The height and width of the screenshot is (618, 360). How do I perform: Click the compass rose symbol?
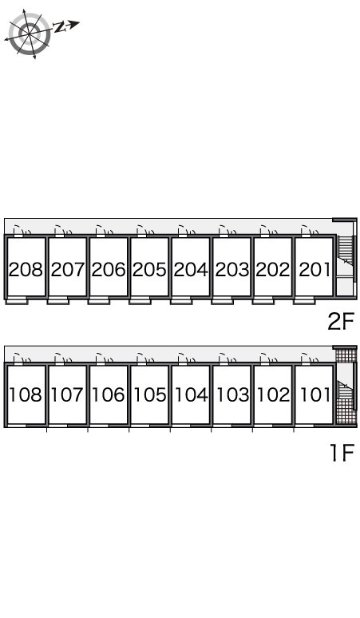pos(30,34)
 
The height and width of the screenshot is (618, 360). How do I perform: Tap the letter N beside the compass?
pos(59,27)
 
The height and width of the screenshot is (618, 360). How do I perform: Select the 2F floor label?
pos(341,321)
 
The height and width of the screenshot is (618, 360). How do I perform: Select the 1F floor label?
pos(342,452)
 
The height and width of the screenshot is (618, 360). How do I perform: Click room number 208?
pos(26,270)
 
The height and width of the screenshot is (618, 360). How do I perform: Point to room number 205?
pos(149,270)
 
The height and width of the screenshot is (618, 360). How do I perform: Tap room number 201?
pos(315,270)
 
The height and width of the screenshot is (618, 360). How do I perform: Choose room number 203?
pos(232,270)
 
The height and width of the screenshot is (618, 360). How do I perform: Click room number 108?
pos(26,394)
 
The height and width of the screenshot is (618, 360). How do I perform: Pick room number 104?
pos(191,394)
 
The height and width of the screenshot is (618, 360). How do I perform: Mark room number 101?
pos(315,394)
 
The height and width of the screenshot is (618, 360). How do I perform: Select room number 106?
pos(109,394)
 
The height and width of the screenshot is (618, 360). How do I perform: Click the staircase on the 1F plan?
pos(346,386)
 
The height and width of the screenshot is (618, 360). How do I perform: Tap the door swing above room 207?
pos(63,230)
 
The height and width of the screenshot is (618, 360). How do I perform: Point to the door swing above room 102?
pos(269,358)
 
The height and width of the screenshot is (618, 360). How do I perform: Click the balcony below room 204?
pos(181,302)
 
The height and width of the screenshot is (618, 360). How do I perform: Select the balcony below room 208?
pos(17,302)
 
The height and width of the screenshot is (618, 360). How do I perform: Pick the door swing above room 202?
pos(269,230)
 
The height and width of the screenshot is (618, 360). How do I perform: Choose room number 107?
pos(67,394)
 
